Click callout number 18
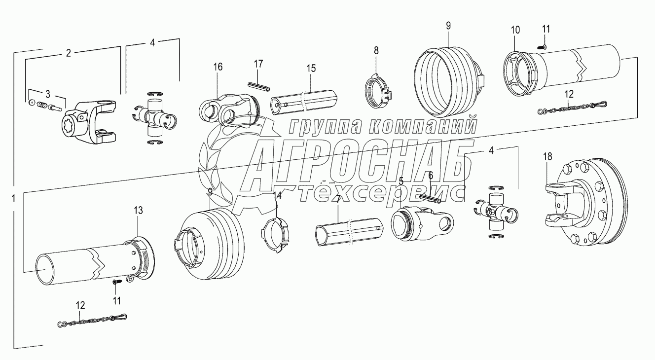[547, 157]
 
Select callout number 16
[218, 67]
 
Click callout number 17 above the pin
[258, 64]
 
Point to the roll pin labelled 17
[259, 87]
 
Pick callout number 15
[311, 69]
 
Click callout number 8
[376, 51]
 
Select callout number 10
[515, 30]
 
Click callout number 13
[138, 210]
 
